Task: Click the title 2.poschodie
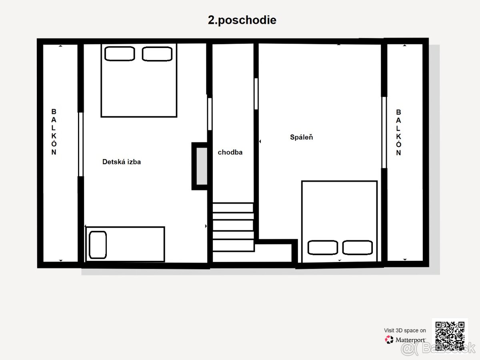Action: pyautogui.click(x=242, y=20)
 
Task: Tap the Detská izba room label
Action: pyautogui.click(x=122, y=162)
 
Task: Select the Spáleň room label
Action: pyautogui.click(x=301, y=137)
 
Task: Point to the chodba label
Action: pyautogui.click(x=230, y=152)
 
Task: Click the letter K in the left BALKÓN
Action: pyautogui.click(x=54, y=136)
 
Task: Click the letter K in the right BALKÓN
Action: pyautogui.click(x=398, y=137)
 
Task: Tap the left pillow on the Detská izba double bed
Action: pyautogui.click(x=120, y=54)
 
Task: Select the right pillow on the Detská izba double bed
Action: pyautogui.click(x=157, y=54)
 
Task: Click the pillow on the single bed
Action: pyautogui.click(x=98, y=245)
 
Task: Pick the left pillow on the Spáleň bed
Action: pyautogui.click(x=322, y=248)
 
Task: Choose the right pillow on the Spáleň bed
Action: pyautogui.click(x=357, y=248)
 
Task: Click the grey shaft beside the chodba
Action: pyautogui.click(x=202, y=166)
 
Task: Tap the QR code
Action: pyautogui.click(x=450, y=336)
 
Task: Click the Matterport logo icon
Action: pyautogui.click(x=389, y=340)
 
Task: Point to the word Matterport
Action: pyautogui.click(x=410, y=340)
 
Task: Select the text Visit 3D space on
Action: pyautogui.click(x=405, y=330)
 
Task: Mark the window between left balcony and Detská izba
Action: pyautogui.click(x=81, y=144)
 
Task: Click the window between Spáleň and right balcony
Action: pyautogui.click(x=384, y=132)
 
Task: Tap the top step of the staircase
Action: pyautogui.click(x=233, y=208)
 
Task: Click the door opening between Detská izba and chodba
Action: pyautogui.click(x=210, y=114)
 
